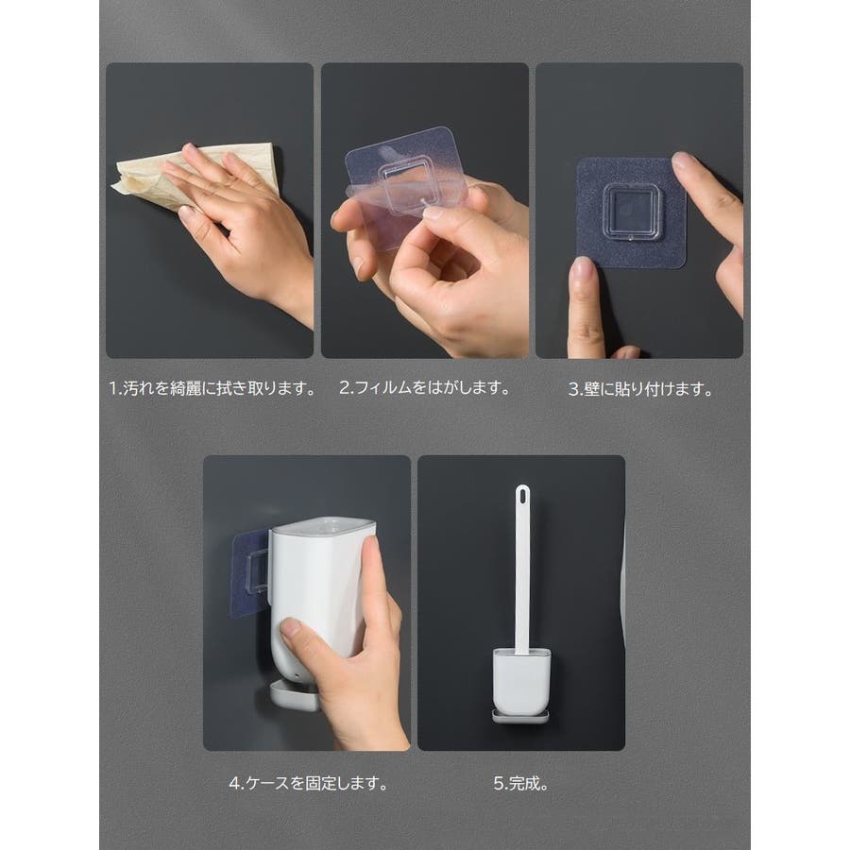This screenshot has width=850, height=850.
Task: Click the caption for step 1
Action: [x=212, y=388]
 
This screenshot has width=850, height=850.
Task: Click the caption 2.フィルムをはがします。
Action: [x=425, y=387]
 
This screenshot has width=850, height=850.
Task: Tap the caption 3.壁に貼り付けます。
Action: [x=640, y=389]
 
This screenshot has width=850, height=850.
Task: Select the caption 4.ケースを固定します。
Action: [x=309, y=783]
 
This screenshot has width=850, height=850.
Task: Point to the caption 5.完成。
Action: [x=521, y=783]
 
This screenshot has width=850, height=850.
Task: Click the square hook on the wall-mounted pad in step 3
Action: [x=631, y=212]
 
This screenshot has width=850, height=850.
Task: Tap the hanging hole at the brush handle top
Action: [x=522, y=495]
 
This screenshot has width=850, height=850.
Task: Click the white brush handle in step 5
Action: [x=522, y=569]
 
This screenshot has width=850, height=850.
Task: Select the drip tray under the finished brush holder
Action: [x=520, y=717]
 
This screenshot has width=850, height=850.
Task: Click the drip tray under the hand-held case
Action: [x=293, y=695]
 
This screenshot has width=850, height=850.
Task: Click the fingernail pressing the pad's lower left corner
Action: [x=582, y=269]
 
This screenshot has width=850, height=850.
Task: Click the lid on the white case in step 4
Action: [x=324, y=525]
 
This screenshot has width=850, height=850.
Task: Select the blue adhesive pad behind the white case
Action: [x=251, y=574]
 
